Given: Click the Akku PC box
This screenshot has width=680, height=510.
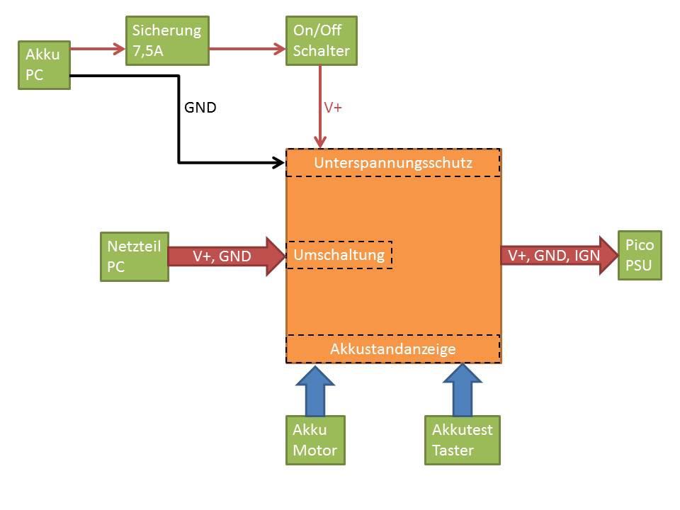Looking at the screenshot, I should click(44, 65).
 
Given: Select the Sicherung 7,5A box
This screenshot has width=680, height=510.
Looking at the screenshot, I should click(167, 41).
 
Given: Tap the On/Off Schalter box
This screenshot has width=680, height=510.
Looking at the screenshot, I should click(321, 41).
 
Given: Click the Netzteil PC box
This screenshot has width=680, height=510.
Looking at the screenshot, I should click(135, 256).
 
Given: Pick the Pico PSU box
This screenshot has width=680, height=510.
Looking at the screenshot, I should click(639, 255).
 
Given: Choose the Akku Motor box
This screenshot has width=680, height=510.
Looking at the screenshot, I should click(315, 440).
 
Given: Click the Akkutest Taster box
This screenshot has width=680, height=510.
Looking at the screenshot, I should click(463, 440).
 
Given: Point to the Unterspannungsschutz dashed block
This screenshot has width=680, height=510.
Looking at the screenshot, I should click(393, 163).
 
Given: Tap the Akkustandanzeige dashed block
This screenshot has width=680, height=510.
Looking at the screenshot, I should click(393, 348).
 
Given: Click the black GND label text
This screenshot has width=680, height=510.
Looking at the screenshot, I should click(200, 108).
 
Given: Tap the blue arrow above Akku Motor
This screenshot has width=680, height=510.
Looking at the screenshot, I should click(315, 390).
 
